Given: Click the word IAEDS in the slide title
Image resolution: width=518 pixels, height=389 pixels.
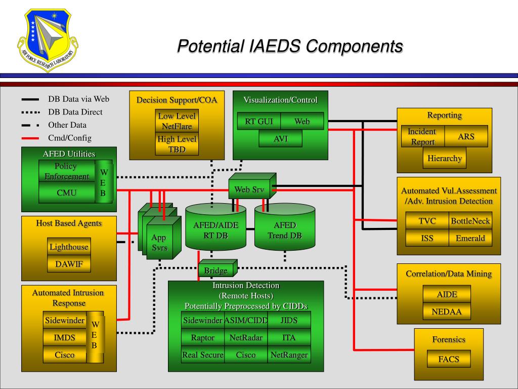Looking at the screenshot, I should pyautogui.click(x=275, y=46).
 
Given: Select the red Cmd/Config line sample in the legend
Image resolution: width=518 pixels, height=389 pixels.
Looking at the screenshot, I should pyautogui.click(x=30, y=138).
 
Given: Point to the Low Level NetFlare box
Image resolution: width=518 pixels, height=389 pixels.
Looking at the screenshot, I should pyautogui.click(x=177, y=121).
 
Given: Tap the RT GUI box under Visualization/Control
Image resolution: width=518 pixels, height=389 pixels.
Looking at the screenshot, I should pyautogui.click(x=258, y=122).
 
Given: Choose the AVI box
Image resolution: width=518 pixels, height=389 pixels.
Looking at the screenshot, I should pyautogui.click(x=280, y=139).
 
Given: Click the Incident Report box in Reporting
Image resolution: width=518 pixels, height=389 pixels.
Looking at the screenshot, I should pyautogui.click(x=422, y=137).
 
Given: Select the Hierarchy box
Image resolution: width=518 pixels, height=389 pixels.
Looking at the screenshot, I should pyautogui.click(x=444, y=159).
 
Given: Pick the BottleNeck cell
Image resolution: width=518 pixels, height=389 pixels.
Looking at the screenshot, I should pyautogui.click(x=470, y=221).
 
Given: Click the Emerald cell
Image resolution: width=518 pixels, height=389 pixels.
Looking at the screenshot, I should pyautogui.click(x=470, y=238).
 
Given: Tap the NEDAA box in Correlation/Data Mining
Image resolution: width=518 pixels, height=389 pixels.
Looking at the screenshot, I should pyautogui.click(x=446, y=312).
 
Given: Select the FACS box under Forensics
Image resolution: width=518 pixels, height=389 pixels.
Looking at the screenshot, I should pyautogui.click(x=448, y=359).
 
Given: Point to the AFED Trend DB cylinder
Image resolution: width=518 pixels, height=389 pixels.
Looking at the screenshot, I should pyautogui.click(x=284, y=229).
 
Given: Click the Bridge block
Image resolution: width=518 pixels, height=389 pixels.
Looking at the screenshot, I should pyautogui.click(x=216, y=270).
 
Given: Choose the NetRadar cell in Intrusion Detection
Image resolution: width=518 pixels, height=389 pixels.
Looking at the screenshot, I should pyautogui.click(x=245, y=338).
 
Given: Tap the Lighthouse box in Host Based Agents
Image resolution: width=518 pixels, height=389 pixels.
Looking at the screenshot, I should pyautogui.click(x=69, y=247).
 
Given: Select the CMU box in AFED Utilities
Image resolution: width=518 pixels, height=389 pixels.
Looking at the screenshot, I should pyautogui.click(x=67, y=192).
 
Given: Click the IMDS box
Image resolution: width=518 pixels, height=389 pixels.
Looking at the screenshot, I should pyautogui.click(x=64, y=338).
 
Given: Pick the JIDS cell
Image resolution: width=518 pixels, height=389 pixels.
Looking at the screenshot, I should pyautogui.click(x=289, y=320).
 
